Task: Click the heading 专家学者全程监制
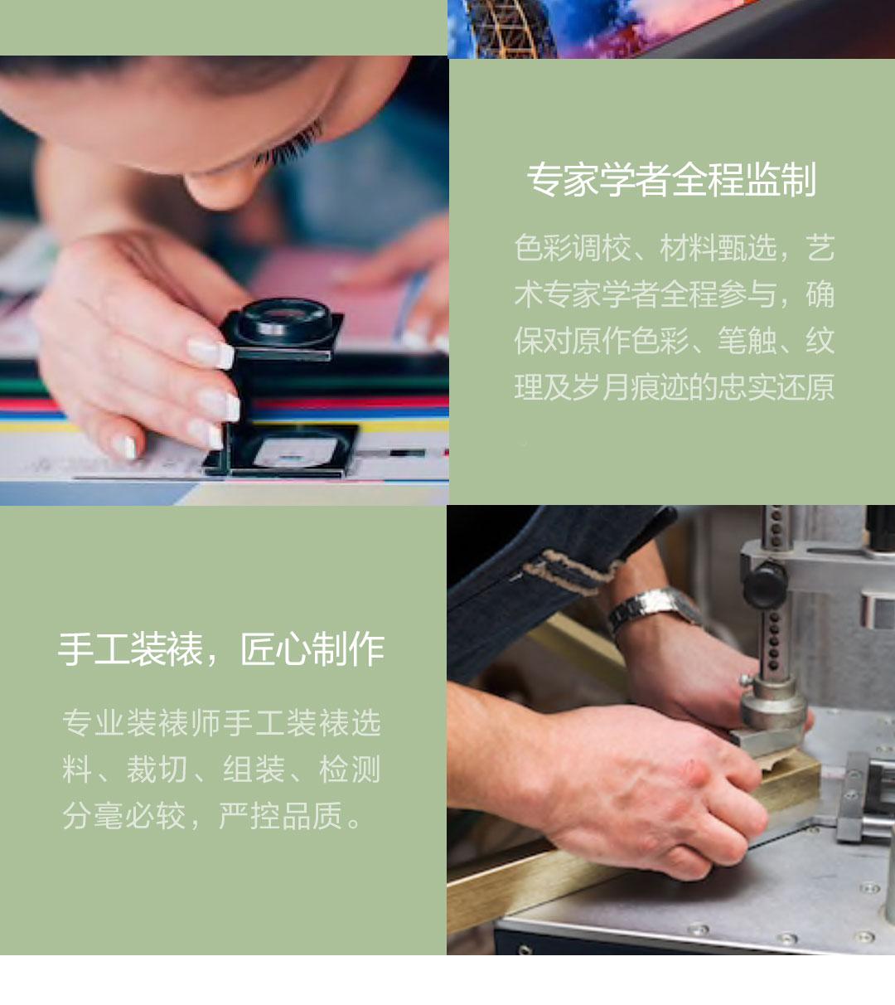point(671,179)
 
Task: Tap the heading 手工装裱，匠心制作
point(221,649)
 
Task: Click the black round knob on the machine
point(764,586)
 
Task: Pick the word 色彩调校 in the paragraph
point(572,249)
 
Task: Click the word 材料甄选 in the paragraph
point(718,249)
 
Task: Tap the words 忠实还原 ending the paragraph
point(776,387)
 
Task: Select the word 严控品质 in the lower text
point(281,815)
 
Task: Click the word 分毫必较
point(124,815)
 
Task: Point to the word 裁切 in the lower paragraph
point(157,770)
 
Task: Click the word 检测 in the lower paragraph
point(350,770)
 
